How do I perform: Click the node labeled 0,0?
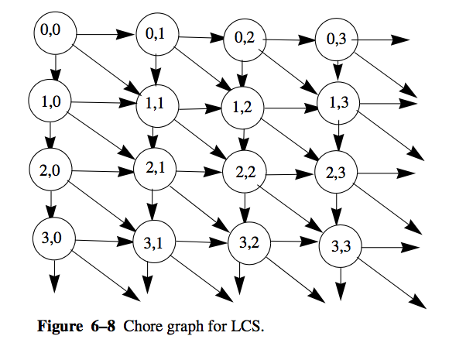coord(55,33)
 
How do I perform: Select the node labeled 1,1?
coord(157,106)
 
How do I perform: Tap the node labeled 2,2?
coord(245,172)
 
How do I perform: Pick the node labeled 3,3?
coord(341,246)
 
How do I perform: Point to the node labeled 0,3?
coord(337,39)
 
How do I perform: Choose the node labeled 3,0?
coord(54,238)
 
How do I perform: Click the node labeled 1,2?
coord(243,108)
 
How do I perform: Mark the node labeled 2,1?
coord(155,169)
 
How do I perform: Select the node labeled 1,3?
coord(338,103)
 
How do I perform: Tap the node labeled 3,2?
coord(249,243)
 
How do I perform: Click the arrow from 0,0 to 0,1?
coord(105,34)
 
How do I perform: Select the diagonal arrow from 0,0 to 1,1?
coord(107,70)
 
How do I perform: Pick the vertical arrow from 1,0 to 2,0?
coord(50,135)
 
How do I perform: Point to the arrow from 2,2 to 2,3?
coord(290,174)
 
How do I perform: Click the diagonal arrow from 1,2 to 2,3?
coord(290,139)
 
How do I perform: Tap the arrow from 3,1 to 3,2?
coord(202,242)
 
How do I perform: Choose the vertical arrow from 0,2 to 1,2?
coord(242,74)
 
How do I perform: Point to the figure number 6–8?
coord(103,326)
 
